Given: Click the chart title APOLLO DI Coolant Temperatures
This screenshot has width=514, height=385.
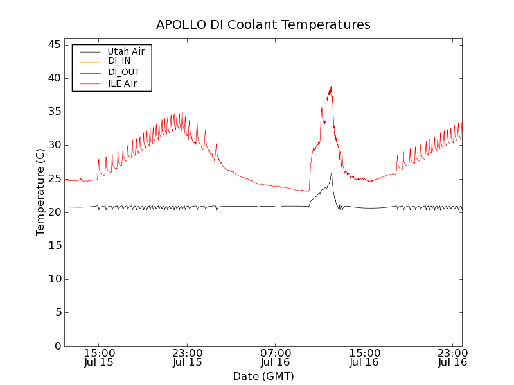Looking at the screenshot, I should tap(263, 25).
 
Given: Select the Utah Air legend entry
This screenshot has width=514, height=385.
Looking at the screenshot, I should tap(125, 51).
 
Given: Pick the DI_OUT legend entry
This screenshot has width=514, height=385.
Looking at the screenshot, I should tap(123, 72).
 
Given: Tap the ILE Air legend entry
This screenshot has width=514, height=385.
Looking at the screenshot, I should tap(122, 83).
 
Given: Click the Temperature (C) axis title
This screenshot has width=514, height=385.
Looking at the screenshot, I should tap(40, 192).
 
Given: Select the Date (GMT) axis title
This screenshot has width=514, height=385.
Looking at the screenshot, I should tap(263, 376).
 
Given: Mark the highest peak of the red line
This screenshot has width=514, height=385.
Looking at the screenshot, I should tap(330, 86).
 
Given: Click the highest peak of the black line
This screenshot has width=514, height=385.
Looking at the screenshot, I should tap(332, 172).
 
